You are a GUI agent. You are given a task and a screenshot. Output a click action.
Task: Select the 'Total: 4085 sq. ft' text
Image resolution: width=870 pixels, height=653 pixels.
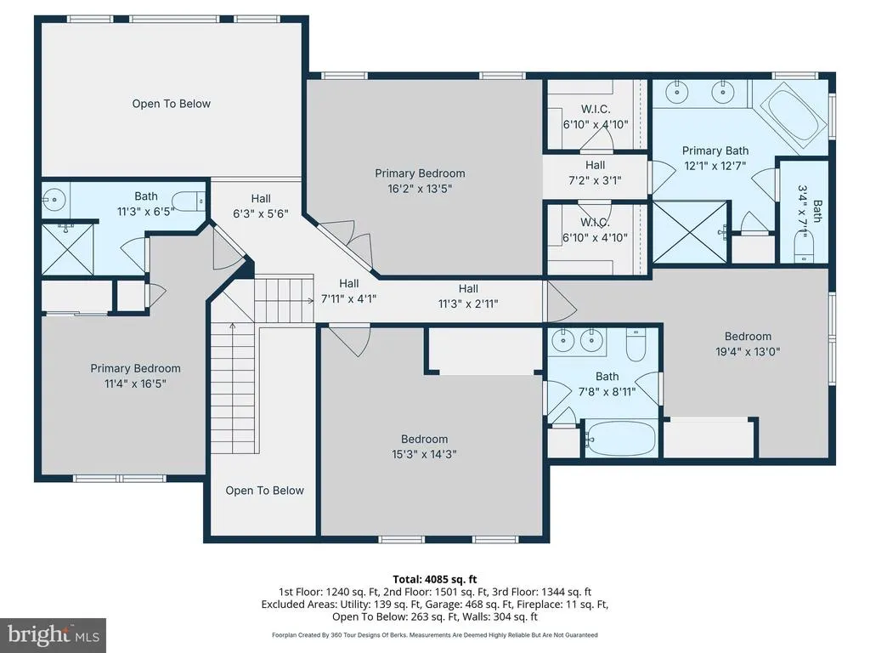pyautogui.click(x=435, y=580)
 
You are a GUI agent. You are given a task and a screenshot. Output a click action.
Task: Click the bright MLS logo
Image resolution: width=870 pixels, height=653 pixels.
pyautogui.click(x=54, y=634)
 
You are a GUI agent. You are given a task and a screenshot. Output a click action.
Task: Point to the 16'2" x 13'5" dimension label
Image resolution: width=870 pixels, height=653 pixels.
pyautogui.click(x=420, y=189)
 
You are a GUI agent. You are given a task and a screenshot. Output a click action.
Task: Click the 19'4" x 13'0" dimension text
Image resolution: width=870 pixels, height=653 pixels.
pyautogui.click(x=748, y=351)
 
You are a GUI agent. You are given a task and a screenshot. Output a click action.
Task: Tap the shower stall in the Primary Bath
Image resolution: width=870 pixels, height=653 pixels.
pyautogui.click(x=690, y=232)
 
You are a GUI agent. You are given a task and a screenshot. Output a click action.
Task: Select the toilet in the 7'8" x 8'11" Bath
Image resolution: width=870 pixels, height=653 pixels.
pyautogui.click(x=636, y=344)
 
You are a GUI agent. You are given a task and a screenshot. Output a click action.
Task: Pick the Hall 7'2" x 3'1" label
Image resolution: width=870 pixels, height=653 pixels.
pyautogui.click(x=596, y=173)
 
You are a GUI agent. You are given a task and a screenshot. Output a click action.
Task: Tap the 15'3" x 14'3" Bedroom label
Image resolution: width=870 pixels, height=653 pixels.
pyautogui.click(x=425, y=446)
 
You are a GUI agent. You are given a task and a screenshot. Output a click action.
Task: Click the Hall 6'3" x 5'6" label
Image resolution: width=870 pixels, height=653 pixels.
pyautogui.click(x=261, y=206)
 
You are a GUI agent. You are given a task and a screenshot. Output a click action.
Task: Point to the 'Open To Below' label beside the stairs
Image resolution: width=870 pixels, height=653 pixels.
pyautogui.click(x=265, y=491)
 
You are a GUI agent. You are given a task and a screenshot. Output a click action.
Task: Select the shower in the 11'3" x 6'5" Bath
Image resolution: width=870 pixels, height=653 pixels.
pyautogui.click(x=68, y=249)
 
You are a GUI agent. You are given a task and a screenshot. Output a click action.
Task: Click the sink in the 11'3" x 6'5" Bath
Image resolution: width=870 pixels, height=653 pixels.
pyautogui.click(x=54, y=199)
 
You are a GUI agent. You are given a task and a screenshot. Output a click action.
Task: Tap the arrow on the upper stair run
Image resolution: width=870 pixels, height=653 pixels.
pyautogui.click(x=284, y=300)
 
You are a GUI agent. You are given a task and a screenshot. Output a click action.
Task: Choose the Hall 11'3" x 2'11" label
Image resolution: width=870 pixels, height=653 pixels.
pyautogui.click(x=468, y=296)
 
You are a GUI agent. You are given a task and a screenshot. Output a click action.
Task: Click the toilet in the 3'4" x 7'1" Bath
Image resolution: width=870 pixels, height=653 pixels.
pyautogui.click(x=802, y=247)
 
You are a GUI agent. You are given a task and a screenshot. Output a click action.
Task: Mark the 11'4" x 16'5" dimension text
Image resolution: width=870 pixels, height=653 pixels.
pyautogui.click(x=135, y=383)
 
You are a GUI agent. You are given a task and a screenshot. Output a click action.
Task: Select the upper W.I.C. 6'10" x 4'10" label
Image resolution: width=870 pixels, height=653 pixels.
pyautogui.click(x=596, y=116)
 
